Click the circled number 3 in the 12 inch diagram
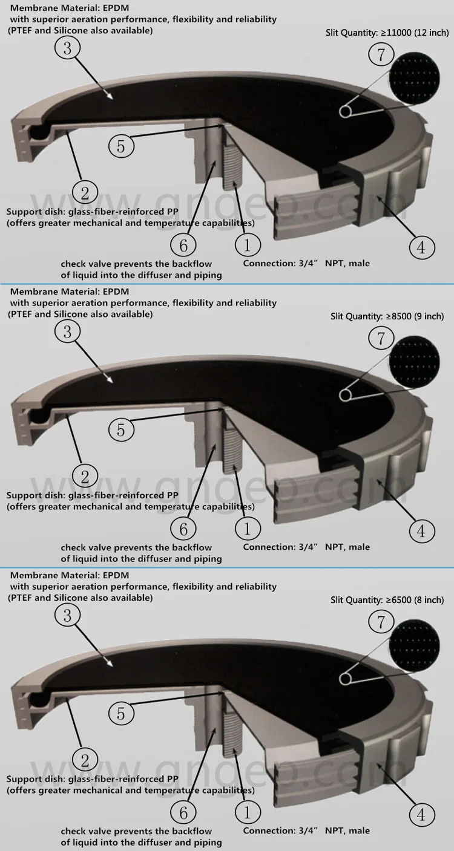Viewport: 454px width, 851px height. [x=67, y=48]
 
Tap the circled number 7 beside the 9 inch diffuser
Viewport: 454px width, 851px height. [x=381, y=339]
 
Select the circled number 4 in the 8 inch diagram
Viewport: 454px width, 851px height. [x=422, y=815]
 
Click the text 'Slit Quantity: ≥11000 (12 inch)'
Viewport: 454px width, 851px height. [x=387, y=33]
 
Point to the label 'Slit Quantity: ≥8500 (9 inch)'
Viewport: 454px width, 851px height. [x=387, y=316]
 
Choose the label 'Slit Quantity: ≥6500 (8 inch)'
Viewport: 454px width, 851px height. [x=387, y=600]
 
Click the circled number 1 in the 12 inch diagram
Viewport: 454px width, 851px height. [x=248, y=245]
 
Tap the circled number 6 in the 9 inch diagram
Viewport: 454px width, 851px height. [x=183, y=529]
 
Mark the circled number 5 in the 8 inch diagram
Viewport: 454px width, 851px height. [x=121, y=714]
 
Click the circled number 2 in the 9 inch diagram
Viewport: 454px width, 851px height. [x=85, y=477]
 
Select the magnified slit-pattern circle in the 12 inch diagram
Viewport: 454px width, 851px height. [x=415, y=79]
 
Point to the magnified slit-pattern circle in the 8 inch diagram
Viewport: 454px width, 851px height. [x=415, y=646]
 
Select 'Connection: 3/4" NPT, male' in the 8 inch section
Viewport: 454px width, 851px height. [x=306, y=830]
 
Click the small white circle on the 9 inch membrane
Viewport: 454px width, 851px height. [x=345, y=395]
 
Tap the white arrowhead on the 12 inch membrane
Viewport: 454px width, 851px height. [x=110, y=96]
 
